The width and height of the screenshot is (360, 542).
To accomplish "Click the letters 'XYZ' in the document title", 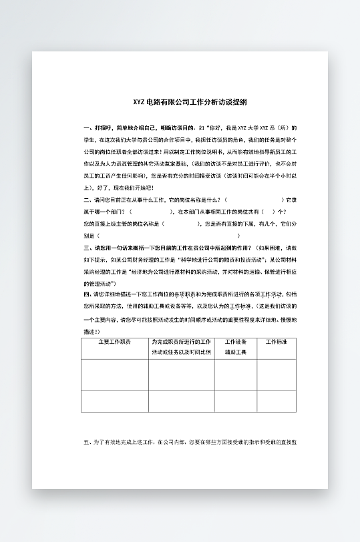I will point(139,102).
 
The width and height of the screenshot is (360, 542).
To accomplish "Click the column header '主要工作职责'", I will point(114,342).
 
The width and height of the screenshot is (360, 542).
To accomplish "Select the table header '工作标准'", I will point(276,342).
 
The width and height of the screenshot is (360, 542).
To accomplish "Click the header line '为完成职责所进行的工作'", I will point(181,342).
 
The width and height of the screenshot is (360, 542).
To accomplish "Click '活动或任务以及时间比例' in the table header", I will point(181,352).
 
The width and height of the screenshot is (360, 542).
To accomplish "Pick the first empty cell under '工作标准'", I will point(276,374).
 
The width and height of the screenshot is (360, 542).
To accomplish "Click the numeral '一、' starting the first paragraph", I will point(87,127).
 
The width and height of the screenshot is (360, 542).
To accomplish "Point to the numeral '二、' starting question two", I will point(87,200).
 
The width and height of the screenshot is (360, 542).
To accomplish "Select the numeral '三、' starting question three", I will point(87,246).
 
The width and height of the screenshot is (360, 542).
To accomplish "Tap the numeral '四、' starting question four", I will point(87,293).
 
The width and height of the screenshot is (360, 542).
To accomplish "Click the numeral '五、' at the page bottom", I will point(87,442).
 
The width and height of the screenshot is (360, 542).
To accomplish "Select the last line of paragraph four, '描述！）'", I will point(92,331).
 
